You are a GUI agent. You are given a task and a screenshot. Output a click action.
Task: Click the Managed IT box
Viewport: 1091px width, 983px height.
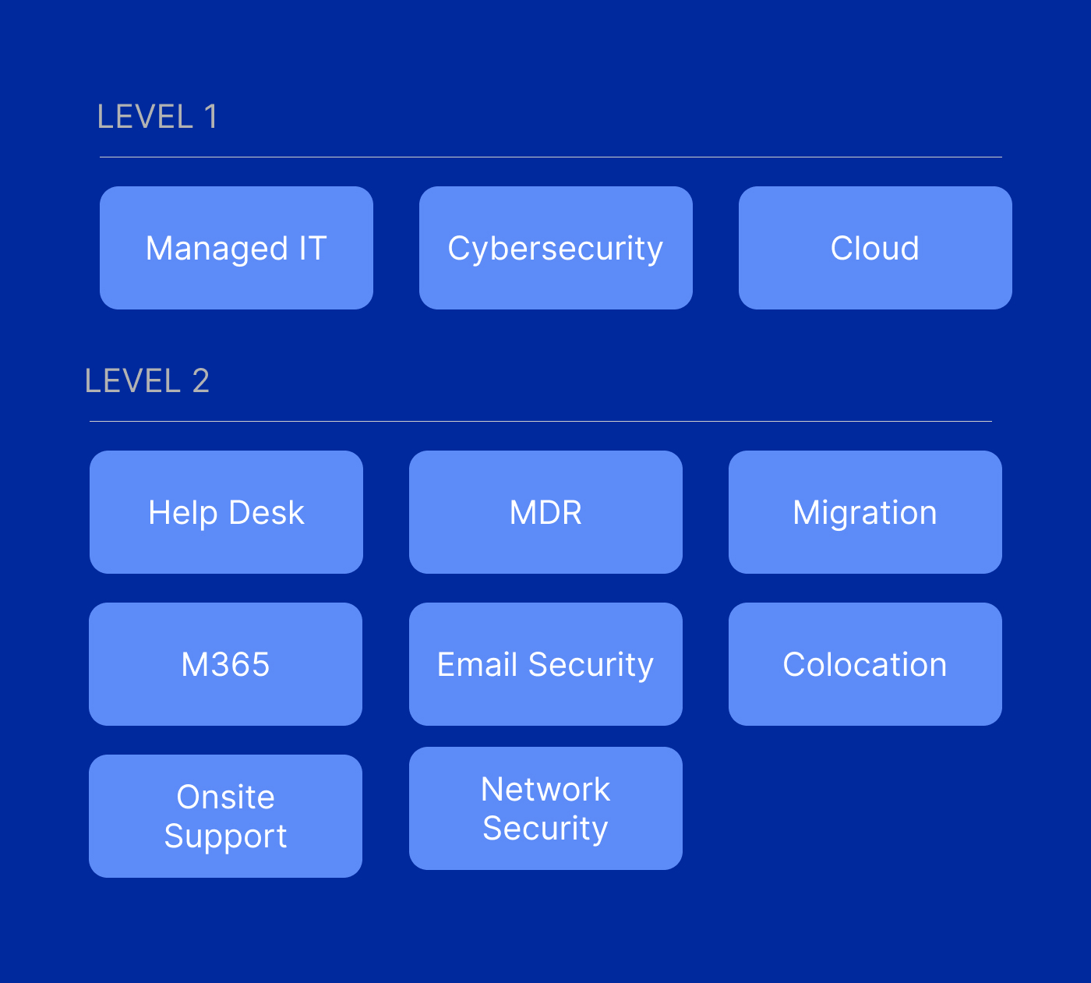236,248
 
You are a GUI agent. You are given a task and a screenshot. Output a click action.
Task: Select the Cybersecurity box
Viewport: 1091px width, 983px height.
556,248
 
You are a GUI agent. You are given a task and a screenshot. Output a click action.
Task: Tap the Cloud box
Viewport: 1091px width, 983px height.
875,248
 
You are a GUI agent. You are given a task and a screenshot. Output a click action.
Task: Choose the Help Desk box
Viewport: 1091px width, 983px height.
226,512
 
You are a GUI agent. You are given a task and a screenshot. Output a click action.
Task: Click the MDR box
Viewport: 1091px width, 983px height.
545,512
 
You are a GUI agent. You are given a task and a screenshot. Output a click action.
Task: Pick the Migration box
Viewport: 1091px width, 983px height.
865,512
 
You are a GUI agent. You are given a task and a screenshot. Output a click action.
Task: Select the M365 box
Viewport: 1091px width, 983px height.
225,664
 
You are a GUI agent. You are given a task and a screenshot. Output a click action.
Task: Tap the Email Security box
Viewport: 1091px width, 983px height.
545,664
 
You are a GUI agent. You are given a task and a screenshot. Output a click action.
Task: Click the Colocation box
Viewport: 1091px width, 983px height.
865,664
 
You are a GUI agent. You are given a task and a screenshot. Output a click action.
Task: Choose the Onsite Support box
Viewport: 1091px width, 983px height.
225,816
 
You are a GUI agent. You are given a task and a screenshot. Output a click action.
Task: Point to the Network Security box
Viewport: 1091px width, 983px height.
545,808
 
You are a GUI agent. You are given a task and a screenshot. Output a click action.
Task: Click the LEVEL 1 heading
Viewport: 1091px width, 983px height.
157,117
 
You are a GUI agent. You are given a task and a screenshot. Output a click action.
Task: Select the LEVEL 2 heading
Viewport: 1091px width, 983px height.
147,381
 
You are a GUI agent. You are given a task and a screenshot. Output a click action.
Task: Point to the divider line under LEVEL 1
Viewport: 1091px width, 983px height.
550,157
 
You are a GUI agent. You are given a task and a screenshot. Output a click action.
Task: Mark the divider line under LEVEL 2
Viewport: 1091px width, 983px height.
540,422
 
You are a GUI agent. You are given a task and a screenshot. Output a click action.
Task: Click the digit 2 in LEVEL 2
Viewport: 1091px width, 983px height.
201,381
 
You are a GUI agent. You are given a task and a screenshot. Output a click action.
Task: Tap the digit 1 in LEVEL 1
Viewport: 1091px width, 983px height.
210,117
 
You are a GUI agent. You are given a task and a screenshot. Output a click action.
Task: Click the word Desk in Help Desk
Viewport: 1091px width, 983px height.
267,512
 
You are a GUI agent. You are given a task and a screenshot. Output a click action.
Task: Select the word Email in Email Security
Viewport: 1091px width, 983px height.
477,664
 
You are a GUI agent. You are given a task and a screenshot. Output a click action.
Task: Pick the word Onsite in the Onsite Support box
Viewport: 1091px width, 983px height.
225,797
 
